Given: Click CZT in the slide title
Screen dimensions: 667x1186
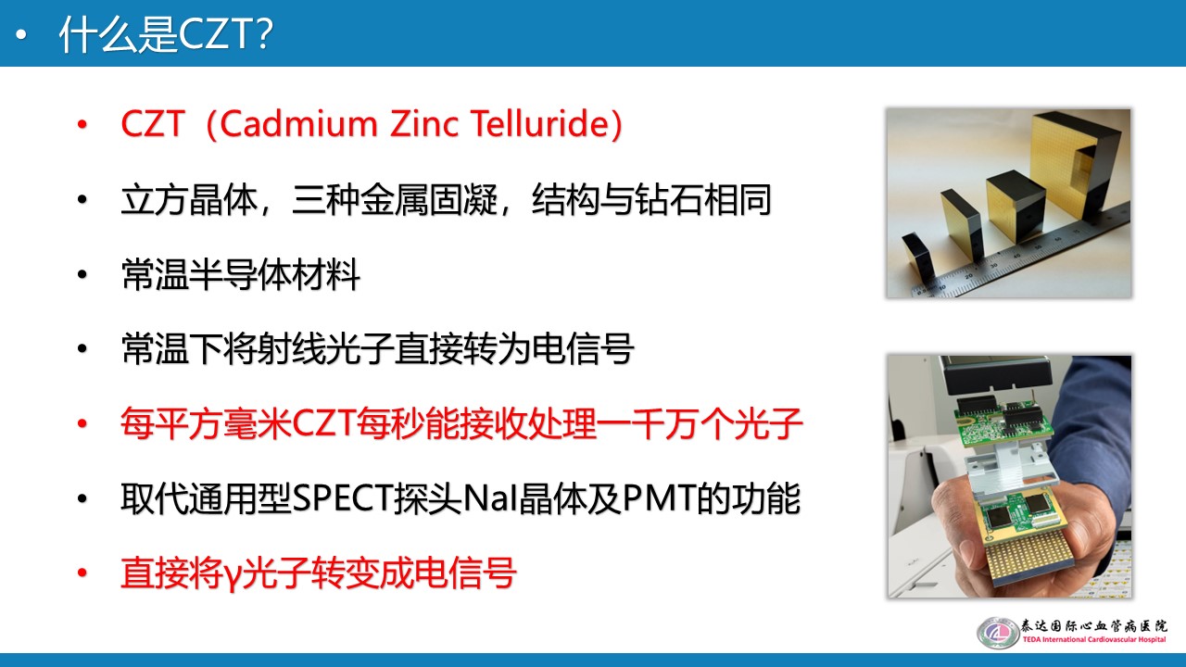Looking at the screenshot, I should (216, 35).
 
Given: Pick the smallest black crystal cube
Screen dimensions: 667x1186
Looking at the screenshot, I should (923, 254).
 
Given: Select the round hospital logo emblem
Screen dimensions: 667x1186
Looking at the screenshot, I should (997, 633).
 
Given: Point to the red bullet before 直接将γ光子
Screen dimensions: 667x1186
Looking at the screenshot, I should (82, 575).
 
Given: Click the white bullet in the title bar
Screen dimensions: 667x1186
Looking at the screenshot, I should (23, 35).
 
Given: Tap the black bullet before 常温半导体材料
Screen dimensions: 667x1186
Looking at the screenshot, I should (82, 276).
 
